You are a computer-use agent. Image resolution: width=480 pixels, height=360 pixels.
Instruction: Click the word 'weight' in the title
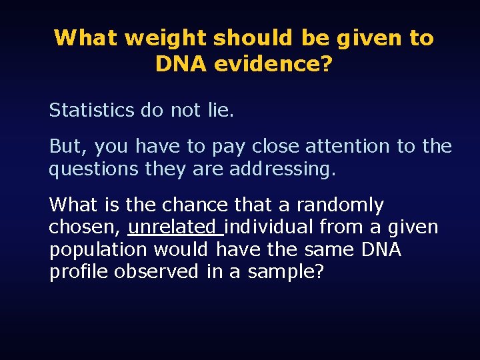coord(166,38)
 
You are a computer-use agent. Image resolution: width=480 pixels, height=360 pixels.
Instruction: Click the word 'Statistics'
coord(91,110)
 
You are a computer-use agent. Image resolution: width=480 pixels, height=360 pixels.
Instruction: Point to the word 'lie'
coord(219,110)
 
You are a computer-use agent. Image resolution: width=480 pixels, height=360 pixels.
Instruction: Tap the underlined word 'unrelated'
coord(175,227)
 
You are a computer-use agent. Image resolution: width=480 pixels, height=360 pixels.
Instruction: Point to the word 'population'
coord(98,250)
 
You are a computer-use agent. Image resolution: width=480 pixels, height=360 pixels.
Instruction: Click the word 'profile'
coord(79,272)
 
